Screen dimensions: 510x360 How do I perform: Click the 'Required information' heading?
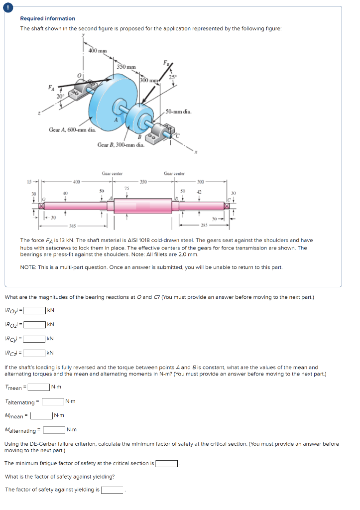point(47,18)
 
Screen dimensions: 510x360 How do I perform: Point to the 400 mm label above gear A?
point(97,51)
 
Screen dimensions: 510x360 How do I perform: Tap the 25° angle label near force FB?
point(172,76)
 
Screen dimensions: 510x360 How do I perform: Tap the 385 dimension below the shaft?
point(73,225)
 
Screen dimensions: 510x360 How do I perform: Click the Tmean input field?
point(38,387)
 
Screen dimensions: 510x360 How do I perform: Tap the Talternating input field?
point(52,401)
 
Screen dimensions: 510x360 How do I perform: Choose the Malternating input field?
point(54,430)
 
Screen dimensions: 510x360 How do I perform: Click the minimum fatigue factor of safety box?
point(167,464)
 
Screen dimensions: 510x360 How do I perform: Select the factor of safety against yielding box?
point(113,490)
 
